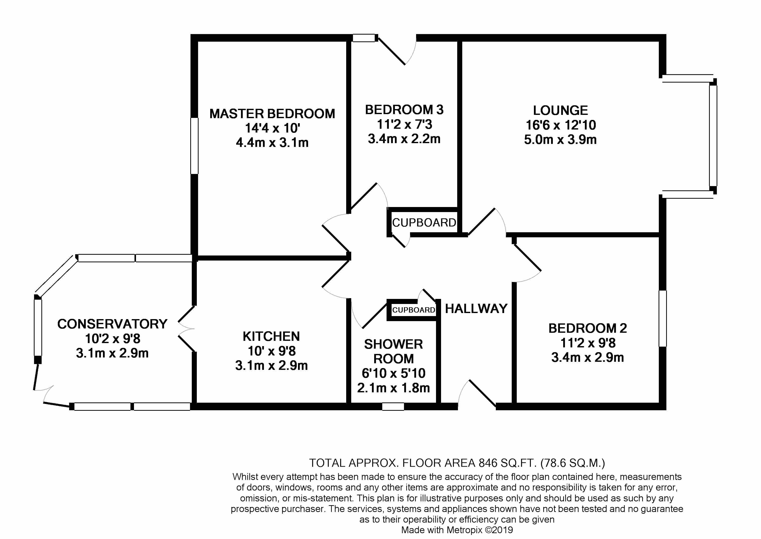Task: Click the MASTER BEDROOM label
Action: [x=272, y=114]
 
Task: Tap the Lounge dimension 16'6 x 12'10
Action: [x=560, y=125]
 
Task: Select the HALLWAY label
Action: [x=476, y=309]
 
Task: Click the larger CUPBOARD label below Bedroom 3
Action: [x=424, y=222]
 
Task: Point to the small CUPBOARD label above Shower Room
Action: [x=413, y=310]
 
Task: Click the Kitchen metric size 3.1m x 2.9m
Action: [x=271, y=365]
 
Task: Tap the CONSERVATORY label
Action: [x=112, y=324]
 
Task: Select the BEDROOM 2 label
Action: [x=587, y=328]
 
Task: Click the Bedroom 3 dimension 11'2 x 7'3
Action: [x=404, y=124]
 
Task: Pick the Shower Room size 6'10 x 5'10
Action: [x=393, y=373]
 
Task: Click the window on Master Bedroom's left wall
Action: [x=194, y=146]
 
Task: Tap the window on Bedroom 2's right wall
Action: [x=663, y=319]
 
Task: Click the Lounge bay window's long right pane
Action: [x=713, y=136]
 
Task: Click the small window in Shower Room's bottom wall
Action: [x=393, y=406]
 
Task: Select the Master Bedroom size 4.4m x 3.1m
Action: [x=272, y=143]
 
